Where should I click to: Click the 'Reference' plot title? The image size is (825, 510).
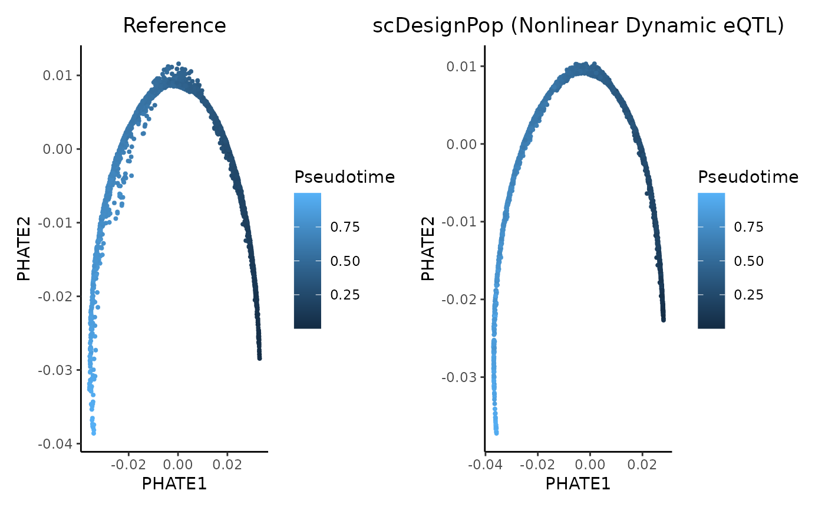[x=174, y=26]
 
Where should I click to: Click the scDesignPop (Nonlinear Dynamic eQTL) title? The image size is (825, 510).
[x=578, y=26]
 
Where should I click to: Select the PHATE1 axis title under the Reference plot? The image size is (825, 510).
[x=174, y=483]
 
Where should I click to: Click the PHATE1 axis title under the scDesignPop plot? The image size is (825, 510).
[x=577, y=483]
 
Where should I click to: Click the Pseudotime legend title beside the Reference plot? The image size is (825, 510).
[x=344, y=177]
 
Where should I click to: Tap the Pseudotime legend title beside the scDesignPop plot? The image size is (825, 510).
[x=748, y=177]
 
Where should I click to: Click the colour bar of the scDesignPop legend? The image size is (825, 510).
[x=711, y=260]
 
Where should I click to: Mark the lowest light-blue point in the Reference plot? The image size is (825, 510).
[x=94, y=433]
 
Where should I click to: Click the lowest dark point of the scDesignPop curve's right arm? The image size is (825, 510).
[x=664, y=320]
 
